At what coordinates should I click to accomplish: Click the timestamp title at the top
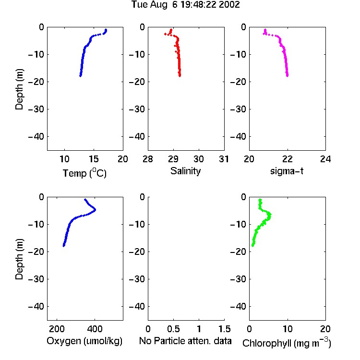pyautogui.click(x=185, y=4)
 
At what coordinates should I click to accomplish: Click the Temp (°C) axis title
pyautogui.click(x=84, y=173)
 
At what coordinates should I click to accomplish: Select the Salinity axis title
pyautogui.click(x=185, y=171)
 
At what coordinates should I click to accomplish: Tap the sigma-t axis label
pyautogui.click(x=287, y=171)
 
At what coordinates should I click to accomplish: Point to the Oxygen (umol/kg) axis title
pyautogui.click(x=84, y=341)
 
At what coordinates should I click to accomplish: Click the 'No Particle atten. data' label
pyautogui.click(x=185, y=341)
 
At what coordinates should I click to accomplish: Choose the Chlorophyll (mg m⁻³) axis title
pyautogui.click(x=287, y=343)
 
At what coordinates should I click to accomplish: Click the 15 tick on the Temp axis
pyautogui.click(x=94, y=159)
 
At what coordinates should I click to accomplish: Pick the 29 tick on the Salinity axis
pyautogui.click(x=173, y=159)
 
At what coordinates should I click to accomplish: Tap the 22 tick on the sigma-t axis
pyautogui.click(x=288, y=159)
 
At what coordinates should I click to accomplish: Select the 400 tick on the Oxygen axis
pyautogui.click(x=95, y=329)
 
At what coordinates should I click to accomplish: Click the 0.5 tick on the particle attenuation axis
pyautogui.click(x=173, y=329)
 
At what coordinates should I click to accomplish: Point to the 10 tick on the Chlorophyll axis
pyautogui.click(x=288, y=329)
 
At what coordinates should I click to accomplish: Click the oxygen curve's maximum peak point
pyautogui.click(x=95, y=210)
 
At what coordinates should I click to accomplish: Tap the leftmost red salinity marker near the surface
pyautogui.click(x=165, y=34)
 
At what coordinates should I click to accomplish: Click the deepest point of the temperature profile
pyautogui.click(x=80, y=75)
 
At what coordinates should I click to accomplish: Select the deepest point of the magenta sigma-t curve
pyautogui.click(x=287, y=75)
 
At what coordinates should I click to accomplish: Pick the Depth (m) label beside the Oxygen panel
pyautogui.click(x=19, y=259)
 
